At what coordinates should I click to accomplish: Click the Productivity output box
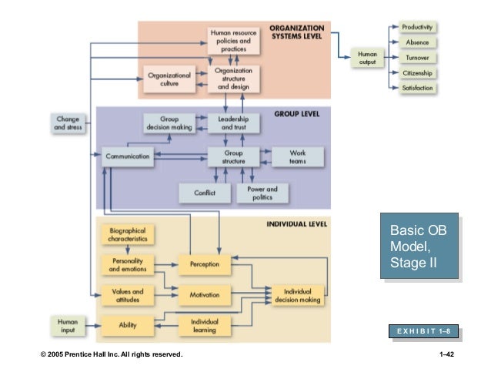point(418,27)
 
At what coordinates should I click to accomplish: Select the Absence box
point(418,42)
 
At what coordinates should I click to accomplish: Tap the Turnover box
point(418,58)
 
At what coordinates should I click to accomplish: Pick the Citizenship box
point(418,73)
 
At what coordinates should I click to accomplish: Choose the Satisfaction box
point(418,89)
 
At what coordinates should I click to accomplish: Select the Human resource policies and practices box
point(234,41)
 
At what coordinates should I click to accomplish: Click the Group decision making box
point(169,123)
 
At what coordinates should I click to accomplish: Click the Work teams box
point(297,156)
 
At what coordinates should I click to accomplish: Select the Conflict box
point(204,193)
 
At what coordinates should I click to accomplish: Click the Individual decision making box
point(297,296)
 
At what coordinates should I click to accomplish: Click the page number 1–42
point(445,354)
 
